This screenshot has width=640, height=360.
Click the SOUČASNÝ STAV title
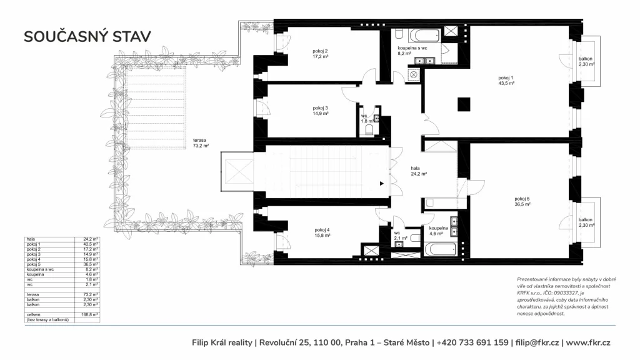87,37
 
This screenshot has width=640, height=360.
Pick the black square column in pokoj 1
464,104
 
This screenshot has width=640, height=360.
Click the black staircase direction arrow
382,184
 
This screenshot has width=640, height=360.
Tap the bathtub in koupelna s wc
424,36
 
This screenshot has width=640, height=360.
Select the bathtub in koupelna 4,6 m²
440,249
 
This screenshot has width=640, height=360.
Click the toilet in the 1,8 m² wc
369,130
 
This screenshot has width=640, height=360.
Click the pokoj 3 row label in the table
34,254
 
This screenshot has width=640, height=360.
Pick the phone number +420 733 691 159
472,343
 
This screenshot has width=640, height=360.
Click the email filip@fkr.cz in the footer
537,343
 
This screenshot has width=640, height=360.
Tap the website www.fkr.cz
588,343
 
